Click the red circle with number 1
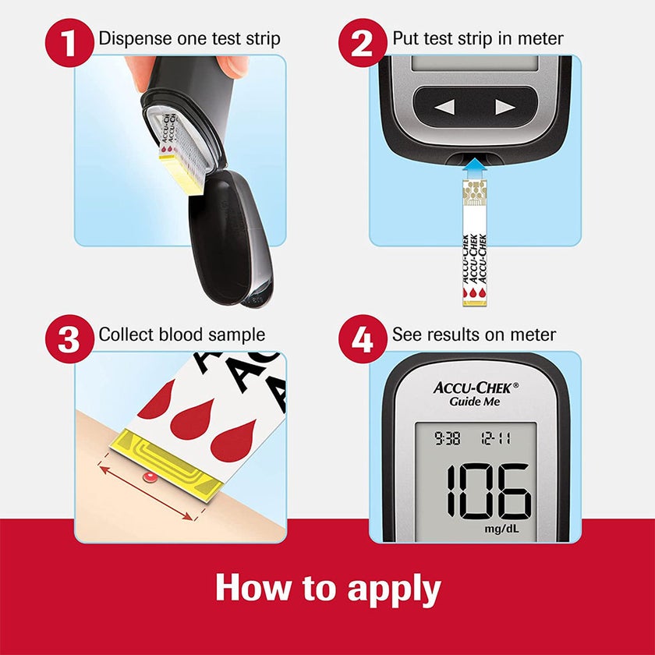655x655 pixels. click(x=71, y=41)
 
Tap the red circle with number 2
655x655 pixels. click(x=363, y=41)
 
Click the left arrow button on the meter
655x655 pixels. click(x=444, y=108)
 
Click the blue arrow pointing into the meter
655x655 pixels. click(x=473, y=169)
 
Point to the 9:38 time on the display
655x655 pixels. click(x=448, y=439)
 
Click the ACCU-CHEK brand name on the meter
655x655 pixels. click(x=476, y=387)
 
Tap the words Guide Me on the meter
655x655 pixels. click(x=474, y=402)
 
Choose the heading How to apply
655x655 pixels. click(x=327, y=588)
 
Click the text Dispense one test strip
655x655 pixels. click(x=189, y=38)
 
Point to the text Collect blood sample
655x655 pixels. click(x=182, y=335)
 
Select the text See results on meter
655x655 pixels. click(x=474, y=335)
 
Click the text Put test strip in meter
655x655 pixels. click(x=478, y=38)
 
